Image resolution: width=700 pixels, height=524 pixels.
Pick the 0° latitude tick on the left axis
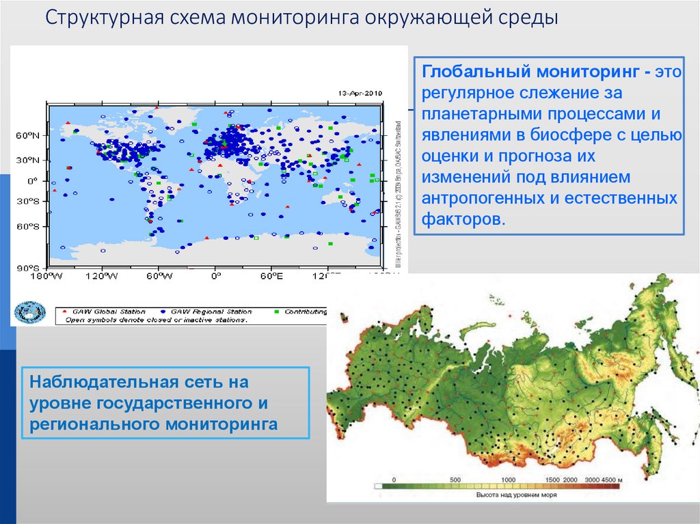point(32,181)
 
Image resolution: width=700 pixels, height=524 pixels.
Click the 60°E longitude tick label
point(271,276)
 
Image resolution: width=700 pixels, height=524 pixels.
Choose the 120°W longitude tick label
point(102,276)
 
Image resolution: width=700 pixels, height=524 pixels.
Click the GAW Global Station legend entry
point(95,312)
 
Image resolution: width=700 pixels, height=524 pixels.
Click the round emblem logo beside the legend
point(30,312)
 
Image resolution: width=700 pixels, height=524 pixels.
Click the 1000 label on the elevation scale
point(508,480)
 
